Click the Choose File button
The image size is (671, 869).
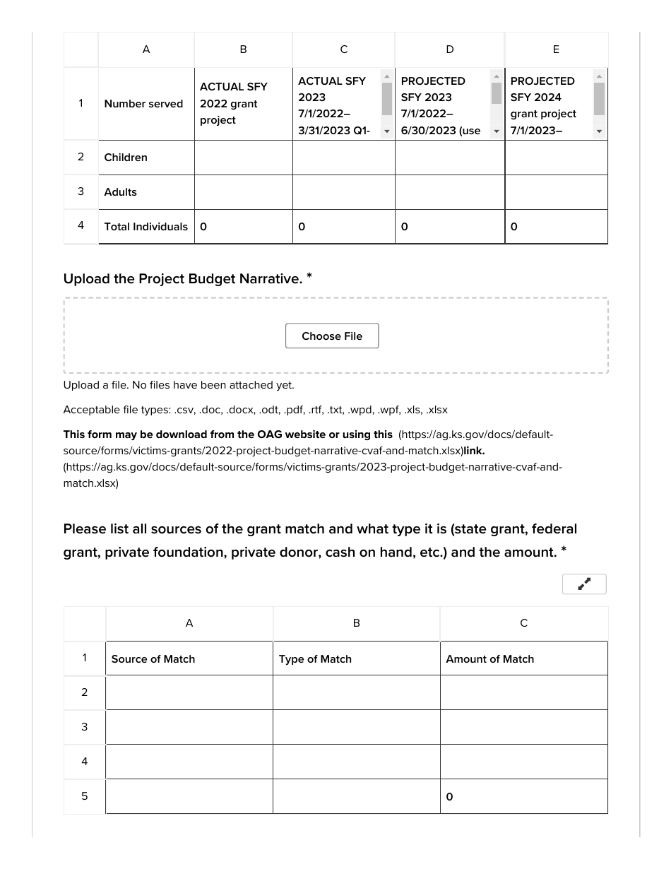(x=332, y=336)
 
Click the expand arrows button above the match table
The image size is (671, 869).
(x=584, y=584)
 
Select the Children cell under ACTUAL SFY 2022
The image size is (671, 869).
(x=243, y=158)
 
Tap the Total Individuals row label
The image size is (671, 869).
(x=146, y=227)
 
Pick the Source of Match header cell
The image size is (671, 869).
(x=189, y=659)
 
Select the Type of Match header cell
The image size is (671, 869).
(x=356, y=659)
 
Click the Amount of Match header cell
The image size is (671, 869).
(x=523, y=659)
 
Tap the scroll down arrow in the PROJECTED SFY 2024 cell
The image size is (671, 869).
(x=599, y=131)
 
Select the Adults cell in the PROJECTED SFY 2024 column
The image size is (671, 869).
(x=556, y=192)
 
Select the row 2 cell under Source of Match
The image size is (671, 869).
(x=189, y=692)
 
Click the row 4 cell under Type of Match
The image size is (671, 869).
(x=356, y=762)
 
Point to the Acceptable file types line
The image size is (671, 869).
(x=255, y=410)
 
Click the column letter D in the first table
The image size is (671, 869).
(x=450, y=49)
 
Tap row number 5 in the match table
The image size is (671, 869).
(x=84, y=796)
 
